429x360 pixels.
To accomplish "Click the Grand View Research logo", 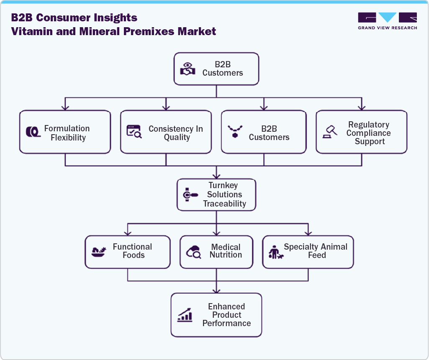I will [387, 20].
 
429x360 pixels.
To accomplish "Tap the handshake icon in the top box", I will [188, 69].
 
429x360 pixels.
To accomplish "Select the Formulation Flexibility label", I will [67, 133].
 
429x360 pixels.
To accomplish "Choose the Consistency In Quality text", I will [176, 133].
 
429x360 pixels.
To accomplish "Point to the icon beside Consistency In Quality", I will [134, 132].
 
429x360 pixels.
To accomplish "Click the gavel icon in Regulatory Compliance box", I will [330, 132].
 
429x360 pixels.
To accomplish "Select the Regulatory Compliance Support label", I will [368, 133].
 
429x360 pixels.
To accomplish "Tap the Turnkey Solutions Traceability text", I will [224, 194].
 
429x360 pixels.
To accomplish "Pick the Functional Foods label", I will [132, 251].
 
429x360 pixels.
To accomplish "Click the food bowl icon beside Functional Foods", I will [98, 252].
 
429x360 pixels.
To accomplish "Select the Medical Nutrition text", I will [226, 251].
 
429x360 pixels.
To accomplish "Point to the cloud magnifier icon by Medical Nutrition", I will [194, 252].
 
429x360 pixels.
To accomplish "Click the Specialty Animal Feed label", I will [316, 251].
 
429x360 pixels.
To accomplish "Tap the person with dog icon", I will [275, 252].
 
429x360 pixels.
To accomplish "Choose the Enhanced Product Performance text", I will [226, 315].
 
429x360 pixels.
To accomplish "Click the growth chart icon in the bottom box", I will [185, 315].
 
